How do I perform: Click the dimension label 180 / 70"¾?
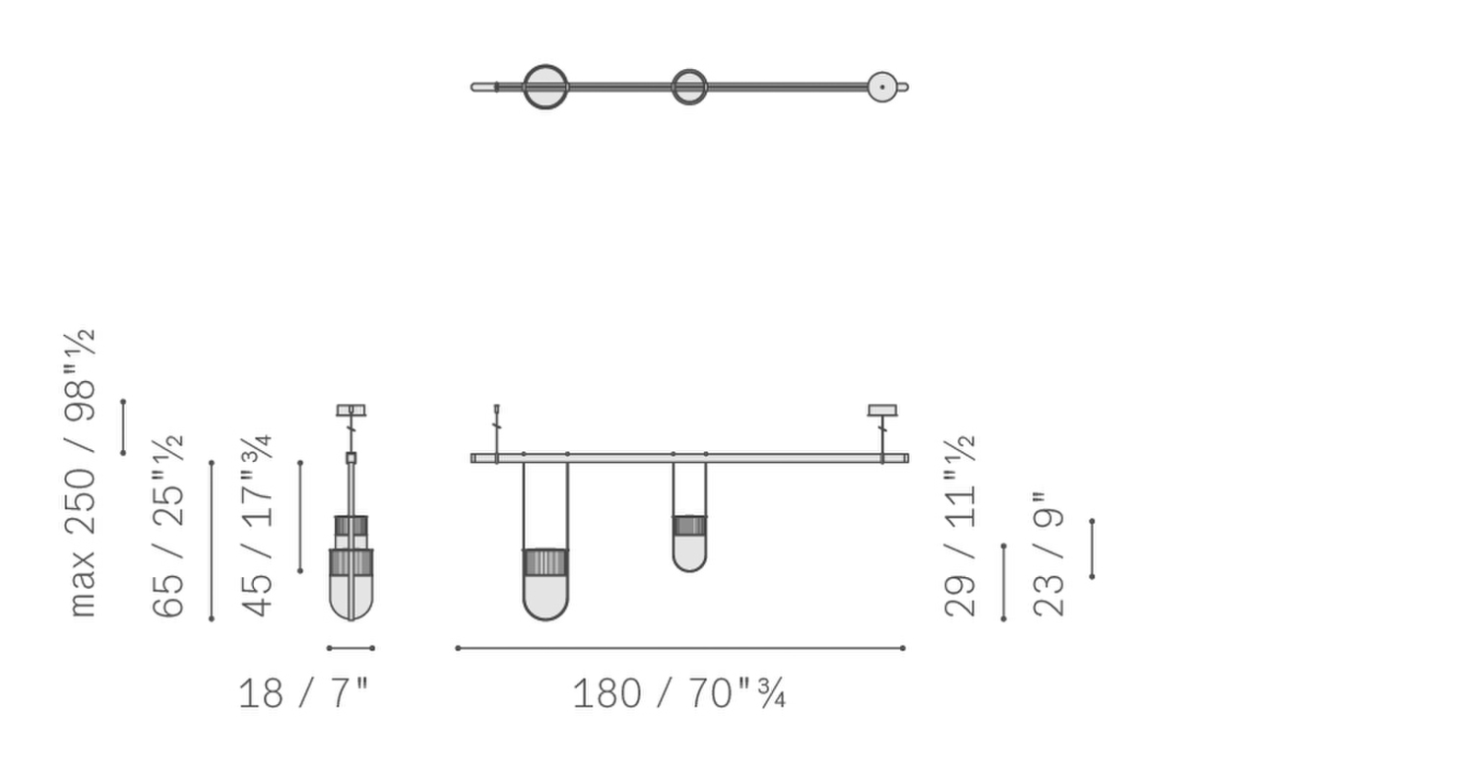pos(678,693)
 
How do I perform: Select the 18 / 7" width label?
pos(303,693)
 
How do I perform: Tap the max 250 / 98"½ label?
pos(82,473)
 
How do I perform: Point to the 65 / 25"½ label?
pos(168,526)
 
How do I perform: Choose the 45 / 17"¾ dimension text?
pos(257,526)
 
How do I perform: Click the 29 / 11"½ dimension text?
pos(960,526)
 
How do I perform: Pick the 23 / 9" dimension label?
pos(1049,554)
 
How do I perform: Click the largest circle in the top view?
pos(546,87)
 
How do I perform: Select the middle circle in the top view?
pos(689,87)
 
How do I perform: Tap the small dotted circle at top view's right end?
pos(882,87)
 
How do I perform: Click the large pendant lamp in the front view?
pos(546,585)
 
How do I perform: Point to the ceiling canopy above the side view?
pos(351,410)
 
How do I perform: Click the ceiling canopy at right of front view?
pos(882,410)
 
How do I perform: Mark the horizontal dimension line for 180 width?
pos(679,648)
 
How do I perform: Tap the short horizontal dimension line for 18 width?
pos(351,648)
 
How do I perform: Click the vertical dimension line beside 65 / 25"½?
pos(212,541)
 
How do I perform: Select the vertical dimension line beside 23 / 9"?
pos(1092,549)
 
